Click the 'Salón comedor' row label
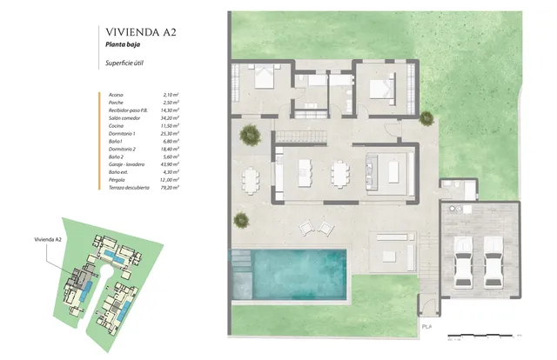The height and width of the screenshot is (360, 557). click(x=124, y=117)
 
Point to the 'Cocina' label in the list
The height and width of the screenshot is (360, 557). click(x=116, y=125)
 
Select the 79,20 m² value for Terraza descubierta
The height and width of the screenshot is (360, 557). click(x=170, y=187)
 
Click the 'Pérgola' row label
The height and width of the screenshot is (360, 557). click(x=117, y=179)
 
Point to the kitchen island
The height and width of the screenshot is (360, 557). click(x=303, y=167)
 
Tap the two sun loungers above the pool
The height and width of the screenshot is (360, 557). click(x=316, y=229)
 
